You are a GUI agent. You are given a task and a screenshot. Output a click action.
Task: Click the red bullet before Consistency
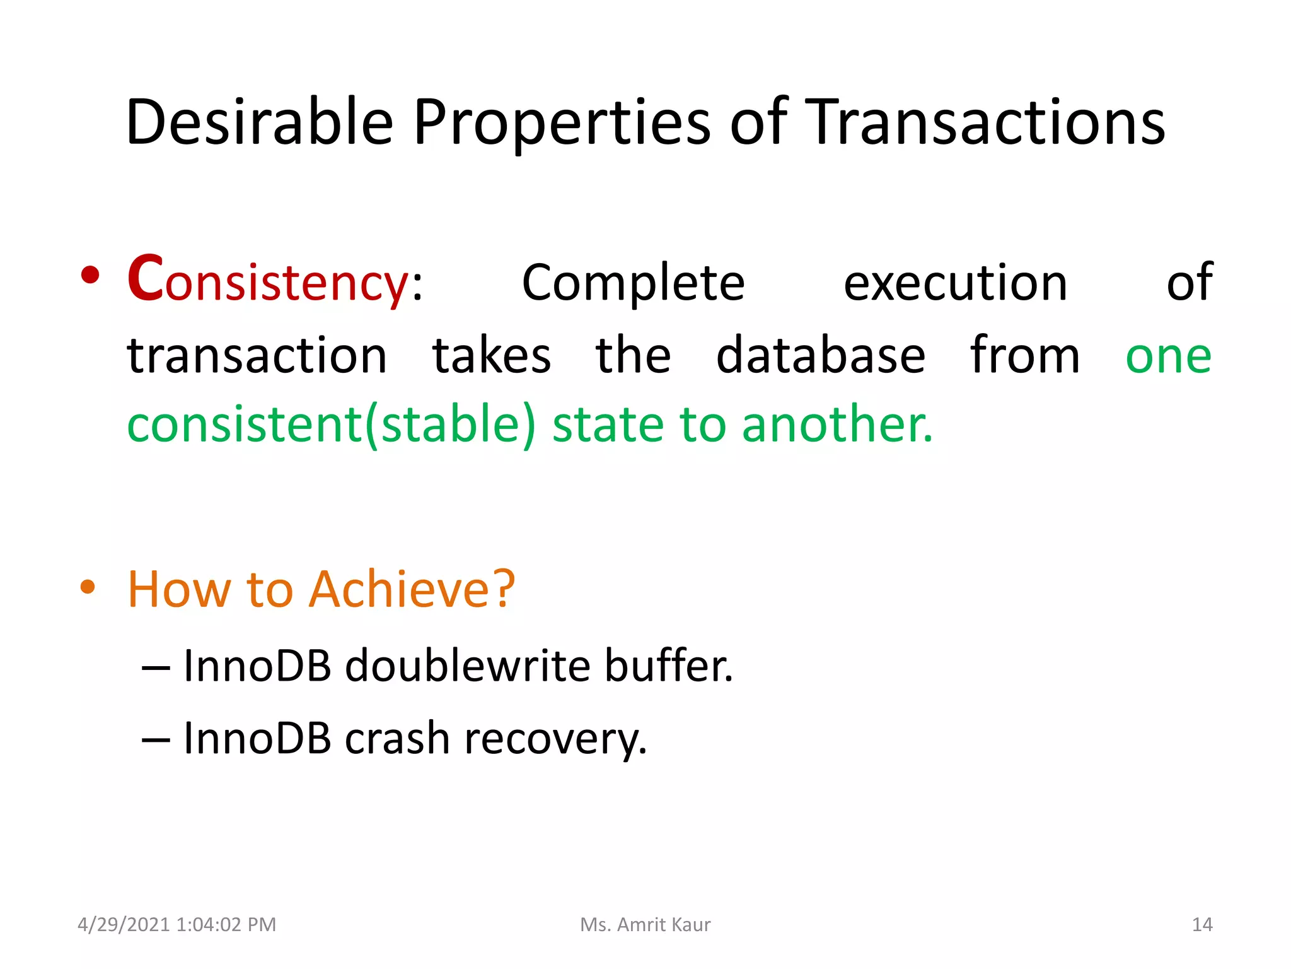90,275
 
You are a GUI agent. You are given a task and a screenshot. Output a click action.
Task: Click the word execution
955,283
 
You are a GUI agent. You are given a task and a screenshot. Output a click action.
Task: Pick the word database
820,355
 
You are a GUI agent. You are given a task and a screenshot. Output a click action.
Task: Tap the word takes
491,355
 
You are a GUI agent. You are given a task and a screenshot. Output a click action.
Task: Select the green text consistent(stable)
332,425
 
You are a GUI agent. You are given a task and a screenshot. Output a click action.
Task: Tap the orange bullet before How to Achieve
88,587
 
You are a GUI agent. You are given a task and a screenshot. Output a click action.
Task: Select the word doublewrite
467,666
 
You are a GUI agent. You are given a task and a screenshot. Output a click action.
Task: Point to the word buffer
668,666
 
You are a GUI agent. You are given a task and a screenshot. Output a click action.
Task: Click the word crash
397,738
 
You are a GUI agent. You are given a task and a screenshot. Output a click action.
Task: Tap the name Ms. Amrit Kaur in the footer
645,924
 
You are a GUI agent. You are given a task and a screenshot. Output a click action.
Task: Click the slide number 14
1201,924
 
